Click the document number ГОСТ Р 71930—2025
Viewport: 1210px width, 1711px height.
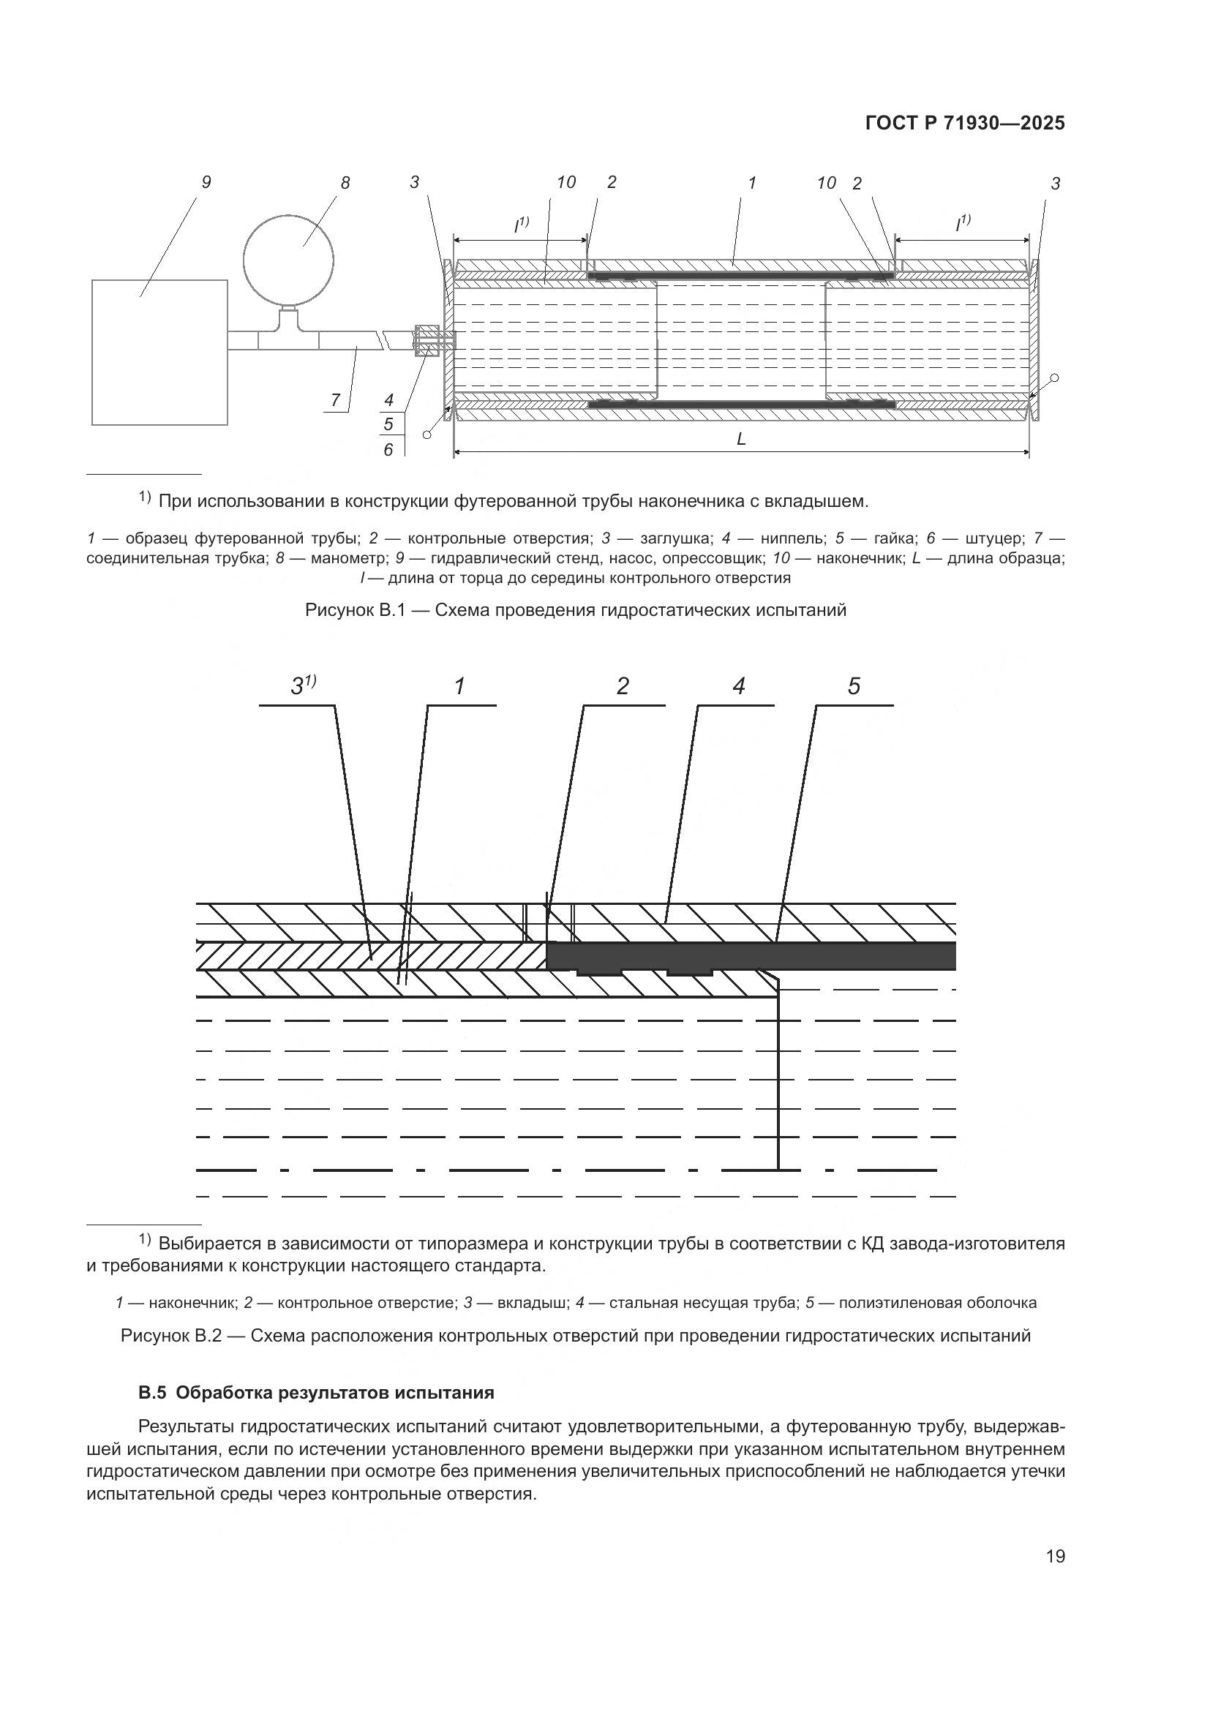pos(964,124)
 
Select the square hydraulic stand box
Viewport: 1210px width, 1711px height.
pos(159,352)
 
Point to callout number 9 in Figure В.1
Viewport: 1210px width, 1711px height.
pos(206,182)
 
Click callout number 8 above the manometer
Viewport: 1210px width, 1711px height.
pos(345,183)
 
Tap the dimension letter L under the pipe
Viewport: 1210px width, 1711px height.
pos(740,440)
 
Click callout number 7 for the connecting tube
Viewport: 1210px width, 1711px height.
pos(335,400)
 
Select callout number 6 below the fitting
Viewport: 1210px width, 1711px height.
pos(388,449)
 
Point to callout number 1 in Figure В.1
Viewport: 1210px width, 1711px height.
pos(752,182)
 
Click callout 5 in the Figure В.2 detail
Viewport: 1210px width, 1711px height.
pos(854,685)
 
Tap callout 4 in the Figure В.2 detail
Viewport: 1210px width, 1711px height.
pos(738,685)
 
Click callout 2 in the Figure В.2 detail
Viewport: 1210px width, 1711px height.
pos(623,685)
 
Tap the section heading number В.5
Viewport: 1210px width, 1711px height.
pos(151,1392)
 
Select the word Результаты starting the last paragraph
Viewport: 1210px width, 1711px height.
pos(187,1426)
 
